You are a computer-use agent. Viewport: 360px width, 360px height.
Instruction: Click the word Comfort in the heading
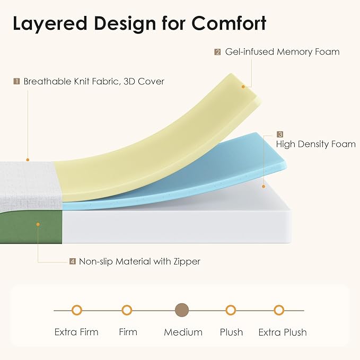tap(229, 23)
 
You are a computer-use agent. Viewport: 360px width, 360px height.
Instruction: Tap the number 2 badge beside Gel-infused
tap(217, 52)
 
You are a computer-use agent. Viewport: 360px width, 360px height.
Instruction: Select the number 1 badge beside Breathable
tap(16, 81)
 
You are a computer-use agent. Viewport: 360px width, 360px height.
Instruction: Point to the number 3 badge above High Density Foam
tap(279, 134)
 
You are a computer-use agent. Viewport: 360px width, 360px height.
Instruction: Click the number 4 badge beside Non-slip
tap(73, 261)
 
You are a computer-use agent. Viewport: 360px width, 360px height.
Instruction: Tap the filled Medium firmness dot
tap(182, 310)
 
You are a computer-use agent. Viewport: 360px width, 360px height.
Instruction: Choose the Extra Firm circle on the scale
tap(77, 310)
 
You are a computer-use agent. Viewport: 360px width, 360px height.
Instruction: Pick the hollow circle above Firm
tap(127, 310)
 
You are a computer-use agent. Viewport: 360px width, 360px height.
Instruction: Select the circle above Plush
tap(231, 310)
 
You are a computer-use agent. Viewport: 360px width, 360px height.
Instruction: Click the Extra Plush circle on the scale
tap(279, 310)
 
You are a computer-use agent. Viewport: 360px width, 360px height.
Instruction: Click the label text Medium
tap(183, 332)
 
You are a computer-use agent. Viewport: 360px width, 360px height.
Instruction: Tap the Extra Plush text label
tap(283, 332)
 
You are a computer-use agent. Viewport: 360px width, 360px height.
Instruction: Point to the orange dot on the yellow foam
tap(243, 87)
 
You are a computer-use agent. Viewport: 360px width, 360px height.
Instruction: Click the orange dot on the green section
tap(38, 224)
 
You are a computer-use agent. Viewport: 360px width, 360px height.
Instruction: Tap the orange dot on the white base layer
tap(264, 187)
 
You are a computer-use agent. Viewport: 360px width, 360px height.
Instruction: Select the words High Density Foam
tap(315, 144)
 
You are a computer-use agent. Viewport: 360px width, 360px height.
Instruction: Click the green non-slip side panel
tap(31, 227)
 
